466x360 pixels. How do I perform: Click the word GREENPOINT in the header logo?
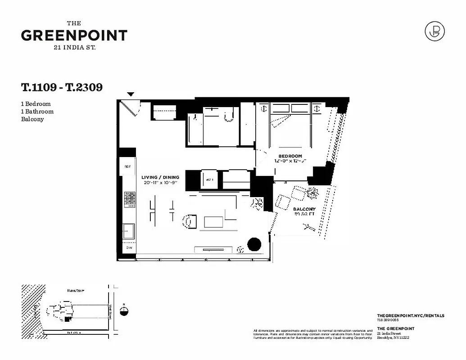coord(74,36)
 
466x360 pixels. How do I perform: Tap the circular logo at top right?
coord(435,31)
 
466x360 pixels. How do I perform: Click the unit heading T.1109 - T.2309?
coord(62,87)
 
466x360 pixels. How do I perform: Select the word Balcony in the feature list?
coord(32,119)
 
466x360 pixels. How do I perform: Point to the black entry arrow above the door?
coord(131,94)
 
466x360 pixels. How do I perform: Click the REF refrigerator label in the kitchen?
coord(127,166)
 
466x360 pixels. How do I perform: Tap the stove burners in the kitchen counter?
coord(130,199)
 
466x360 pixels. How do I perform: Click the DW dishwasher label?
coord(129,248)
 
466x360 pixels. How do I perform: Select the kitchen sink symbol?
coord(129,231)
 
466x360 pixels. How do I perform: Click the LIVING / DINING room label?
coord(160,177)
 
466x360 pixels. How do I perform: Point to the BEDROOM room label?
coord(290,156)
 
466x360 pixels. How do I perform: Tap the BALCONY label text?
coord(304,209)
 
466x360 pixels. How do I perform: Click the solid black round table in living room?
coord(254,244)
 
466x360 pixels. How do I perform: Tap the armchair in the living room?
coord(190,221)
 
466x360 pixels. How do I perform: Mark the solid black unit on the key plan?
coord(68,319)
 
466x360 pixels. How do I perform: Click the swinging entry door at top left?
coord(133,108)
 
